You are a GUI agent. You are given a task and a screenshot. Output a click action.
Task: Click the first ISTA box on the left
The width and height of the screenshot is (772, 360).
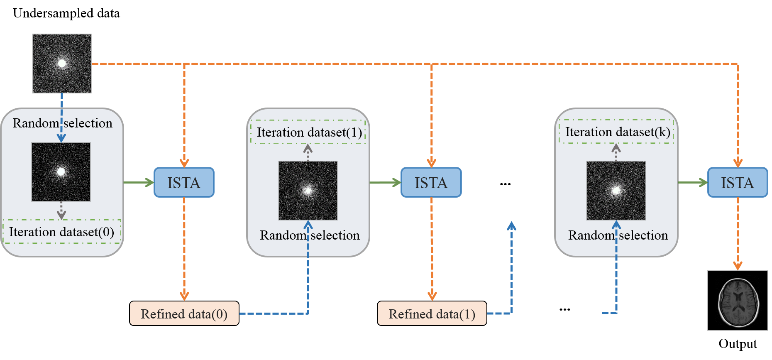pyautogui.click(x=184, y=182)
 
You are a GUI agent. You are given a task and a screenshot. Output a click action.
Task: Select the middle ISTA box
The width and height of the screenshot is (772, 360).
pyautogui.click(x=431, y=182)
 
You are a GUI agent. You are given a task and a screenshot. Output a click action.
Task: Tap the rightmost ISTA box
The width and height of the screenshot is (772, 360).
pyautogui.click(x=737, y=182)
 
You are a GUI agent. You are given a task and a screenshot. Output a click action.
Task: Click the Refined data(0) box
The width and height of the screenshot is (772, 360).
pyautogui.click(x=184, y=313)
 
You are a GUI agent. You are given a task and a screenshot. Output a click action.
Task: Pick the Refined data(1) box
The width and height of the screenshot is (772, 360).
pyautogui.click(x=432, y=313)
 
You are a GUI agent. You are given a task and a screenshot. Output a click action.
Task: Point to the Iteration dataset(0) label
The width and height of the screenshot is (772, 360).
pyautogui.click(x=61, y=232)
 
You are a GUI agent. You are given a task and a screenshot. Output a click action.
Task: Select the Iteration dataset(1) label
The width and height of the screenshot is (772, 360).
pyautogui.click(x=308, y=132)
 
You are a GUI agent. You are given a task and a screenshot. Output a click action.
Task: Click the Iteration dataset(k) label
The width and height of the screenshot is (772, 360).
pyautogui.click(x=616, y=132)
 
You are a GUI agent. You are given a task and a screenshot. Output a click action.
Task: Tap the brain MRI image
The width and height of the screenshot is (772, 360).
pyautogui.click(x=738, y=301)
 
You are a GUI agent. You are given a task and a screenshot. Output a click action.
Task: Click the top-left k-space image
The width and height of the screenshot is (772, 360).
pyautogui.click(x=62, y=64)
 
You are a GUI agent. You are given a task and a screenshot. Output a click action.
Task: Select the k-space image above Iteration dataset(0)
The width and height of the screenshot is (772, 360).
pyautogui.click(x=61, y=172)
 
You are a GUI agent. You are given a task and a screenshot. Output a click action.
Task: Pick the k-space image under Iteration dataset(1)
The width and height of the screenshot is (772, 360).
pyautogui.click(x=308, y=191)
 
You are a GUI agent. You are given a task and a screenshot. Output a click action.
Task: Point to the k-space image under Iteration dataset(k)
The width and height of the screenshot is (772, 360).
pyautogui.click(x=616, y=191)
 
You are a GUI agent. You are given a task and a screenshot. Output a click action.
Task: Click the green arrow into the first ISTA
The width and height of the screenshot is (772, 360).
pyautogui.click(x=139, y=182)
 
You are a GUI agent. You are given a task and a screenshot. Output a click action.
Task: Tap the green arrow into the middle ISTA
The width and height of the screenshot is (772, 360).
pyautogui.click(x=385, y=182)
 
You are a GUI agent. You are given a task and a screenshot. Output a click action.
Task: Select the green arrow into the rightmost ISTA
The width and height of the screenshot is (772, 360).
pyautogui.click(x=693, y=182)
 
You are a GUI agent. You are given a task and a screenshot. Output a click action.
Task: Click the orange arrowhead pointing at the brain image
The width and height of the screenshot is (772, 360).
pyautogui.click(x=738, y=265)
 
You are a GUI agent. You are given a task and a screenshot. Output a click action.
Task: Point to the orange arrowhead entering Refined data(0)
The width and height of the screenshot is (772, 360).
pyautogui.click(x=184, y=296)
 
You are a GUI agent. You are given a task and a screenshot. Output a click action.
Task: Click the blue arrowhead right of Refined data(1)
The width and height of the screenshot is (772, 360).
pyautogui.click(x=511, y=226)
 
